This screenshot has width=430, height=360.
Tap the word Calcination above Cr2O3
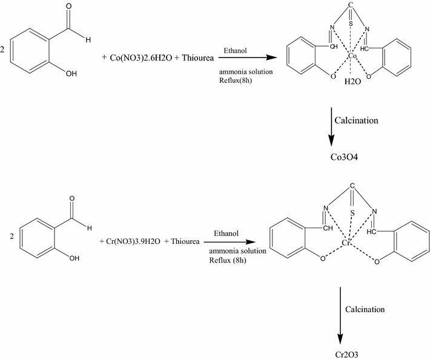pos(365,309)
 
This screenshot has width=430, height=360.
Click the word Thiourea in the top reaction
pos(192,57)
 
